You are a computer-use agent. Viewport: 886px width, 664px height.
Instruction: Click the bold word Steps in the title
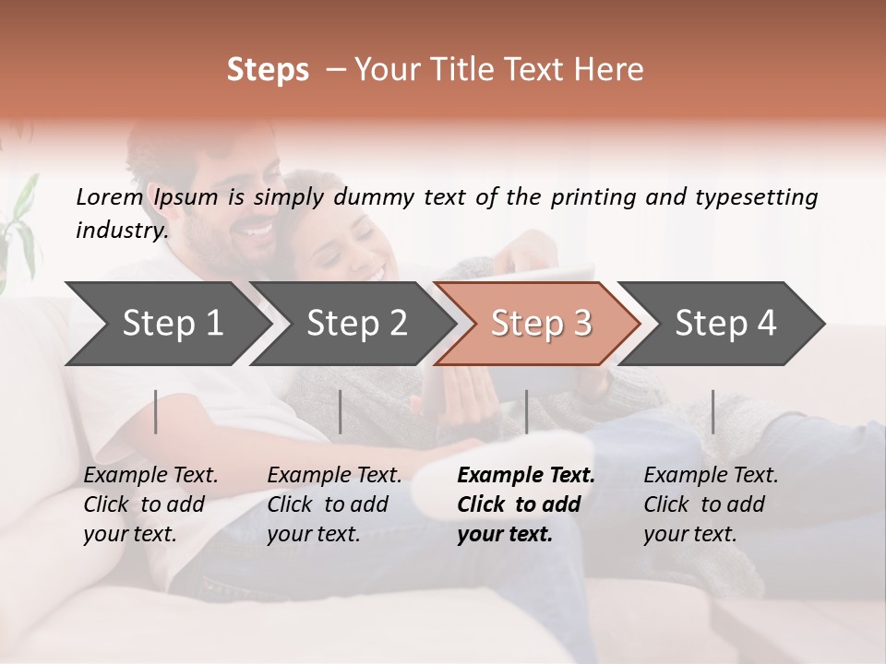click(268, 70)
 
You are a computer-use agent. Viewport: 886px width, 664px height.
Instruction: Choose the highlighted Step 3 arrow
click(540, 324)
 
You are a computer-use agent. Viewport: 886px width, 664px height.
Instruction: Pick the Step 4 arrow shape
click(724, 324)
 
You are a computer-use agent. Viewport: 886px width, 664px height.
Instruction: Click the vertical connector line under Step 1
click(156, 411)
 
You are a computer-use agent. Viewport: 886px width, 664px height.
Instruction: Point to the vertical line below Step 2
click(341, 411)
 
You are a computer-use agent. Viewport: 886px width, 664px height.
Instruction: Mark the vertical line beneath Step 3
click(526, 411)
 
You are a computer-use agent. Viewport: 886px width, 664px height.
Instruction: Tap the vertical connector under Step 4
click(712, 411)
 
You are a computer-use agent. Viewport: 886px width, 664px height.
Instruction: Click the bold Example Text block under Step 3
click(526, 504)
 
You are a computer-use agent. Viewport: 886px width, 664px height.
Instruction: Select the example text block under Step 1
click(150, 504)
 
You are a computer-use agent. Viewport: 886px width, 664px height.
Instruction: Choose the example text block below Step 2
click(334, 504)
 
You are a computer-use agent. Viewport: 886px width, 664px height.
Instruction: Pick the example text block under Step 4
click(711, 504)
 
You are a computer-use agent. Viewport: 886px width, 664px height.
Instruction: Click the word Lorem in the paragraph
click(109, 196)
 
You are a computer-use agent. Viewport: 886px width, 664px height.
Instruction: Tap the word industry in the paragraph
click(121, 231)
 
